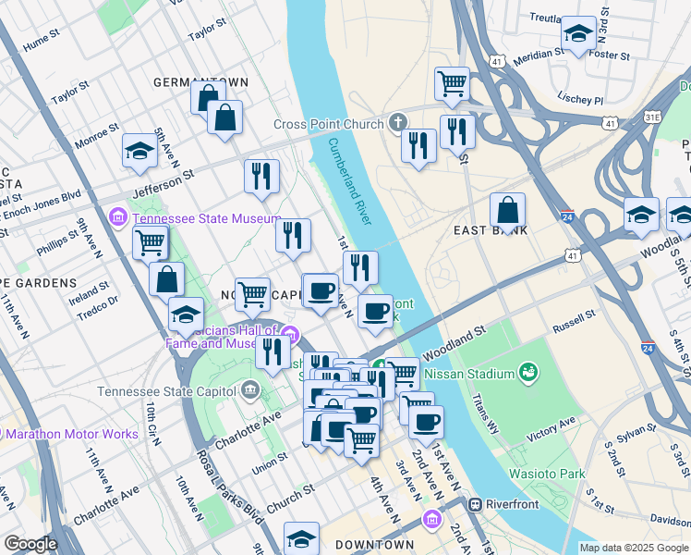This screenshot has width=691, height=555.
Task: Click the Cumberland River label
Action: [349, 181]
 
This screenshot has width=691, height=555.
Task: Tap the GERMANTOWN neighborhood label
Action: [200, 82]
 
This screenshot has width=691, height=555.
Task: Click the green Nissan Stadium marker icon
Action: [528, 373]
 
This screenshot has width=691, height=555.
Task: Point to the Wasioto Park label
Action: [547, 474]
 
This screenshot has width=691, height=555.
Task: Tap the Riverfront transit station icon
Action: [476, 505]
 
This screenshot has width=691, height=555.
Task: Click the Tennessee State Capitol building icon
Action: [250, 390]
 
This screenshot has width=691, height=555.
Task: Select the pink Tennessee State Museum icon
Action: [118, 218]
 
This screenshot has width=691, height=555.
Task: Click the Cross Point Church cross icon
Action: [397, 123]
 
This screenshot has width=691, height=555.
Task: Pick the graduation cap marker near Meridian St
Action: [578, 34]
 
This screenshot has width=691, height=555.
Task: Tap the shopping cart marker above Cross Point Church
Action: [452, 83]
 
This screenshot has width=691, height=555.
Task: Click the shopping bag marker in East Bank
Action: [507, 210]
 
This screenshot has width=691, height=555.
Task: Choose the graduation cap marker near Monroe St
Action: [139, 150]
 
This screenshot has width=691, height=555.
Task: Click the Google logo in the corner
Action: [30, 545]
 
